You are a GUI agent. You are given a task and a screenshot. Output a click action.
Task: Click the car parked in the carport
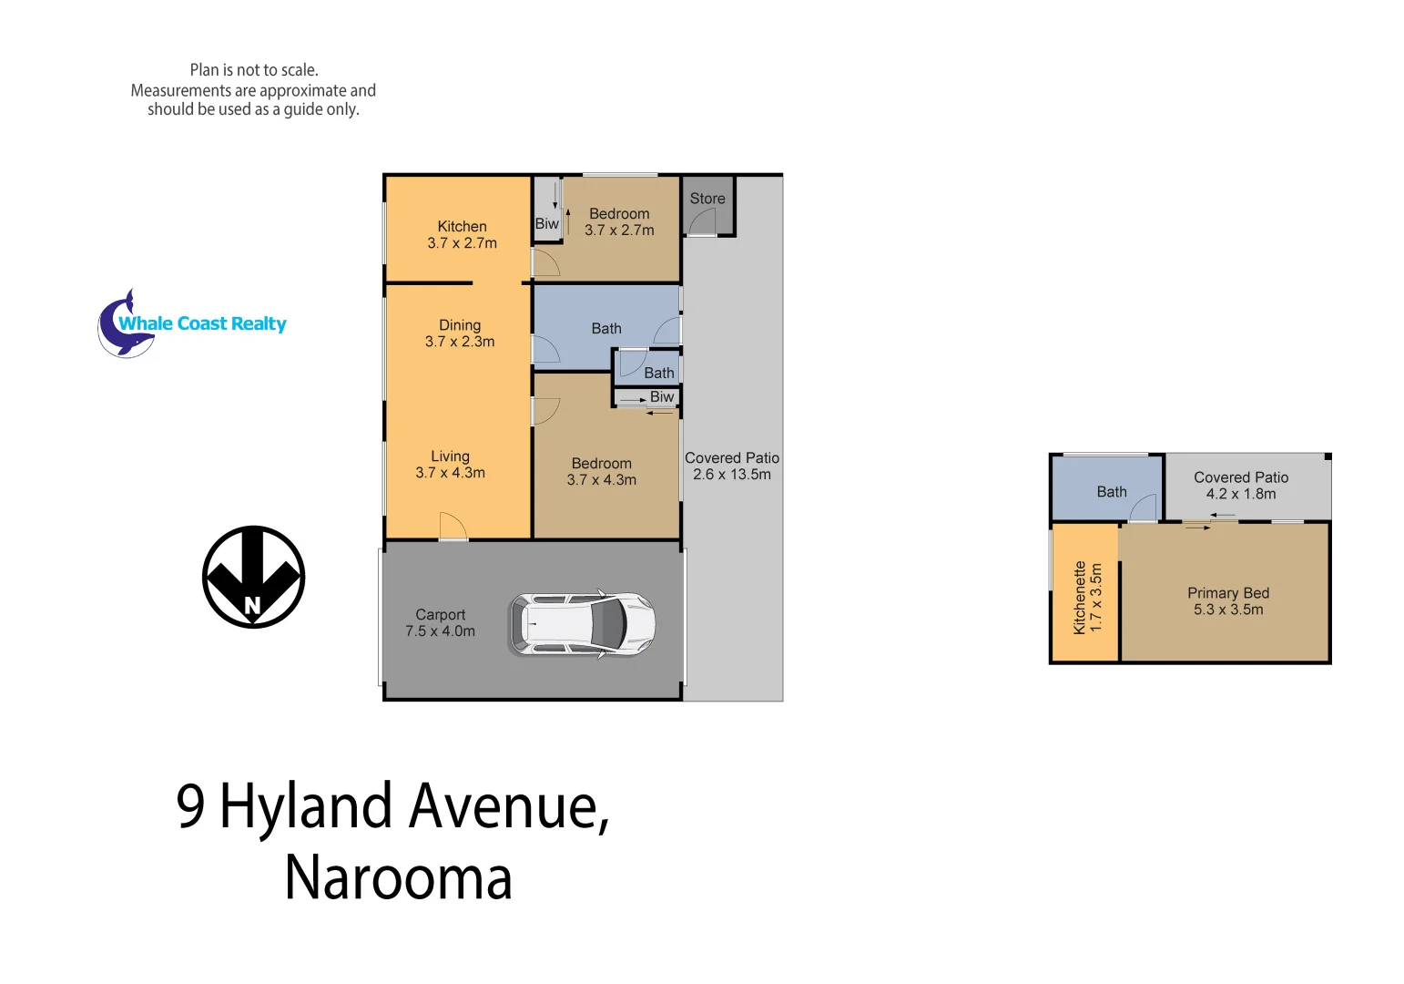pyautogui.click(x=582, y=624)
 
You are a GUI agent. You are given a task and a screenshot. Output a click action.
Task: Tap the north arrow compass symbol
pyautogui.click(x=253, y=577)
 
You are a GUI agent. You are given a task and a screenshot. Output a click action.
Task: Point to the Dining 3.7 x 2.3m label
pyautogui.click(x=460, y=333)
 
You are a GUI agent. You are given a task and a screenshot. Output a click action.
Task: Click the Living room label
pyautogui.click(x=450, y=465)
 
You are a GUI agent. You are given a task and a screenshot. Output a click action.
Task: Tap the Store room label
pyautogui.click(x=707, y=199)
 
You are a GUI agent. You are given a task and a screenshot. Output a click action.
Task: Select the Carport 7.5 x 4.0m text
pyautogui.click(x=440, y=623)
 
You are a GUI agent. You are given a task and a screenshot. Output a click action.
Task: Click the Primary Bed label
pyautogui.click(x=1227, y=601)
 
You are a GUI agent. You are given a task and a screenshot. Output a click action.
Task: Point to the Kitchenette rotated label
pyautogui.click(x=1087, y=598)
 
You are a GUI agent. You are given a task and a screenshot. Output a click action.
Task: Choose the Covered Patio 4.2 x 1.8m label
pyautogui.click(x=1241, y=486)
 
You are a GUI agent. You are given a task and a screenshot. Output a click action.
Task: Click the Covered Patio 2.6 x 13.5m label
pyautogui.click(x=732, y=466)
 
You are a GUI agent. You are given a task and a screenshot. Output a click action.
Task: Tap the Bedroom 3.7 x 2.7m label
pyautogui.click(x=619, y=221)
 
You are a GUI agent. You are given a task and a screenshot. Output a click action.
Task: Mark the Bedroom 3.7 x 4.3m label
pyautogui.click(x=601, y=472)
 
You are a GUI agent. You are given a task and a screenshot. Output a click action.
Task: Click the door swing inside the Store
pyautogui.click(x=703, y=221)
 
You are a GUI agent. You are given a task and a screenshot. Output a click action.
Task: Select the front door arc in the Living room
pyautogui.click(x=453, y=527)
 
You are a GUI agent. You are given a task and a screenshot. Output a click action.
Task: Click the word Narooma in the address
pyautogui.click(x=398, y=877)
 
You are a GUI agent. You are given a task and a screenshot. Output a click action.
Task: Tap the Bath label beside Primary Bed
pyautogui.click(x=1111, y=492)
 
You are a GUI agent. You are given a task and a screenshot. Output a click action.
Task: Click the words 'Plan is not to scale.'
pyautogui.click(x=254, y=70)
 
